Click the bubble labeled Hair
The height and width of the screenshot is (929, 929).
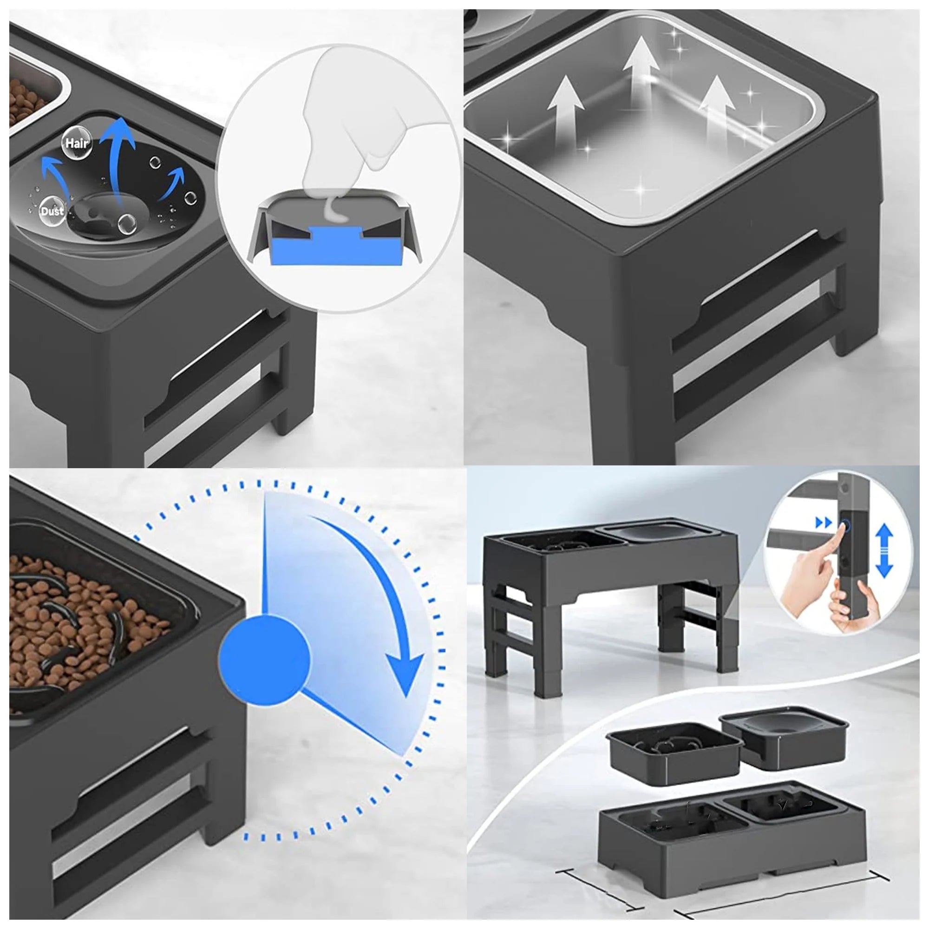point(77,143)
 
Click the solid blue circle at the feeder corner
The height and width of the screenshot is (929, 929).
point(264,656)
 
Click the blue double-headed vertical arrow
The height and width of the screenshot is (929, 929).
point(884,551)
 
